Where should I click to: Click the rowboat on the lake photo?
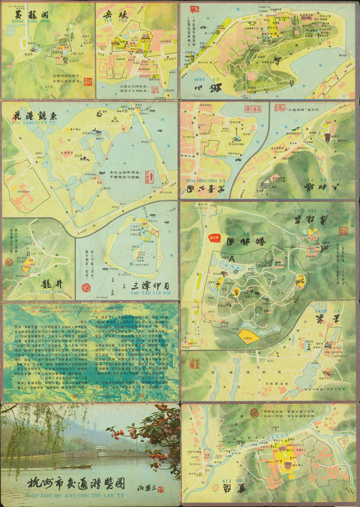point(72,466)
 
